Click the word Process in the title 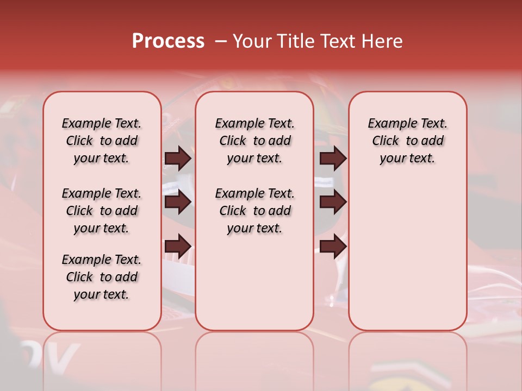point(168,41)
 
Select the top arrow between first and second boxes point(178,158)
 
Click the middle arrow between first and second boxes point(178,202)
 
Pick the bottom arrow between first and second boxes point(178,246)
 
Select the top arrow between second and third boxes point(333,158)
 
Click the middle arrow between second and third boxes point(333,202)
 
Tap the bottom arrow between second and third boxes point(333,246)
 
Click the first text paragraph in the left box point(102,141)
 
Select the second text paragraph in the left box point(102,211)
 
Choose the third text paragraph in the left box point(102,277)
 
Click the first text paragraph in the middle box point(254,141)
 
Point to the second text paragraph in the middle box point(254,211)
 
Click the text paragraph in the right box point(407,141)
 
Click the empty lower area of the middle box point(254,282)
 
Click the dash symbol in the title point(221,41)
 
